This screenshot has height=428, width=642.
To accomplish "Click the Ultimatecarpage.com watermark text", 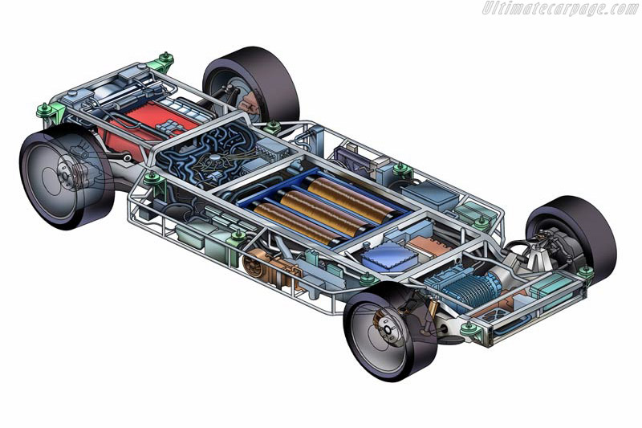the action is pyautogui.click(x=560, y=9).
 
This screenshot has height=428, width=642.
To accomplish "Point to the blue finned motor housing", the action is pyautogui.click(x=465, y=286).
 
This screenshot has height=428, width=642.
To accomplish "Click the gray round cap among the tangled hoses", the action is pyautogui.click(x=214, y=158).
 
